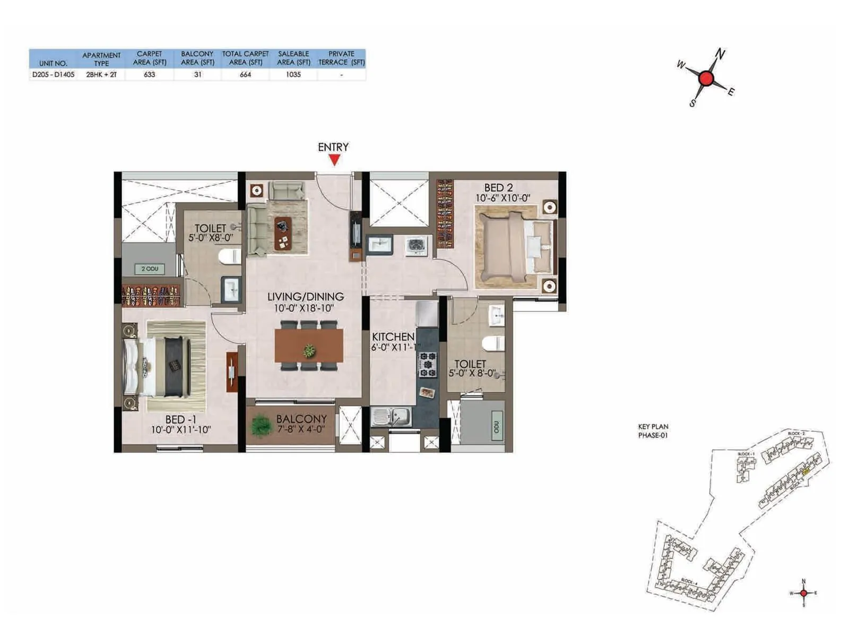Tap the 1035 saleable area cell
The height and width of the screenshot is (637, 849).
pos(293,75)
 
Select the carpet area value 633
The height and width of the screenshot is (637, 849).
pos(150,75)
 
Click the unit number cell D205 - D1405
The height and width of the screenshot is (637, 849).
pos(53,75)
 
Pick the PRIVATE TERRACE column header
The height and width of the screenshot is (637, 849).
pos(341,58)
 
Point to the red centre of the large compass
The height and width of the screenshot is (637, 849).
pos(706,79)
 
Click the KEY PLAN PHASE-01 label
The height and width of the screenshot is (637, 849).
pos(653,431)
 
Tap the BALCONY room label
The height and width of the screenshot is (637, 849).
pos(301,419)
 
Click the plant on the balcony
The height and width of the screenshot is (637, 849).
pos(261,425)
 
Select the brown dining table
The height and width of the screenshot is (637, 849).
pos(309,346)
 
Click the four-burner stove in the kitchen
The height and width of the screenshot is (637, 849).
pos(428,365)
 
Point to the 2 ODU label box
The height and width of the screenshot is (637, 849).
pos(150,269)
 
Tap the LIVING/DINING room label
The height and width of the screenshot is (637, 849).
pos(305,297)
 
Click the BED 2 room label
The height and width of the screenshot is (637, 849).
pos(498,188)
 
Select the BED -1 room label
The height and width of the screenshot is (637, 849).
pos(180,420)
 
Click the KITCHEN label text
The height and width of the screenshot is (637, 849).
pos(393,337)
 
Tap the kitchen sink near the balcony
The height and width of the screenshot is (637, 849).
pos(391,417)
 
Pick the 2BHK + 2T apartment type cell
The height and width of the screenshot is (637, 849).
pos(101,75)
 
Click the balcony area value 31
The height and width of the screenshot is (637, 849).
pos(197,75)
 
